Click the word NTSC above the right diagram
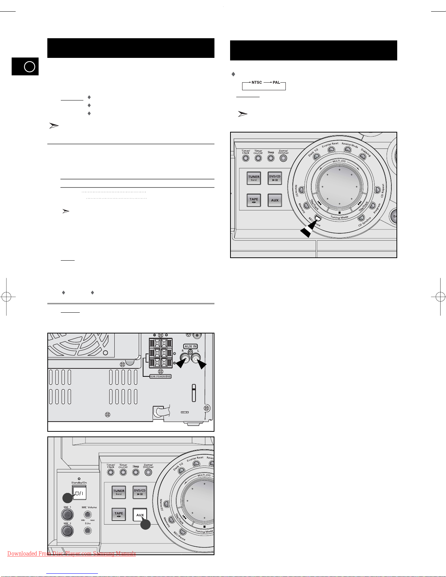(257, 83)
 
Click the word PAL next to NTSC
(276, 83)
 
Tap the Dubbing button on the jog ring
(362, 157)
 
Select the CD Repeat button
(378, 190)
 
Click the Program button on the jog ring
(372, 206)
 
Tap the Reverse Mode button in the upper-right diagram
(348, 150)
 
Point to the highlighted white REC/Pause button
(318, 218)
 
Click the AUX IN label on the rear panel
(190, 347)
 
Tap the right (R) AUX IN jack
(185, 359)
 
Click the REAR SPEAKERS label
(161, 376)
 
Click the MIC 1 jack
(67, 515)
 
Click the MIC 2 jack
(67, 531)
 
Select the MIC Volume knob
(88, 515)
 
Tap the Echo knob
(88, 530)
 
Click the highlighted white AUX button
(140, 515)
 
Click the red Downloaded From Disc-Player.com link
(71, 554)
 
